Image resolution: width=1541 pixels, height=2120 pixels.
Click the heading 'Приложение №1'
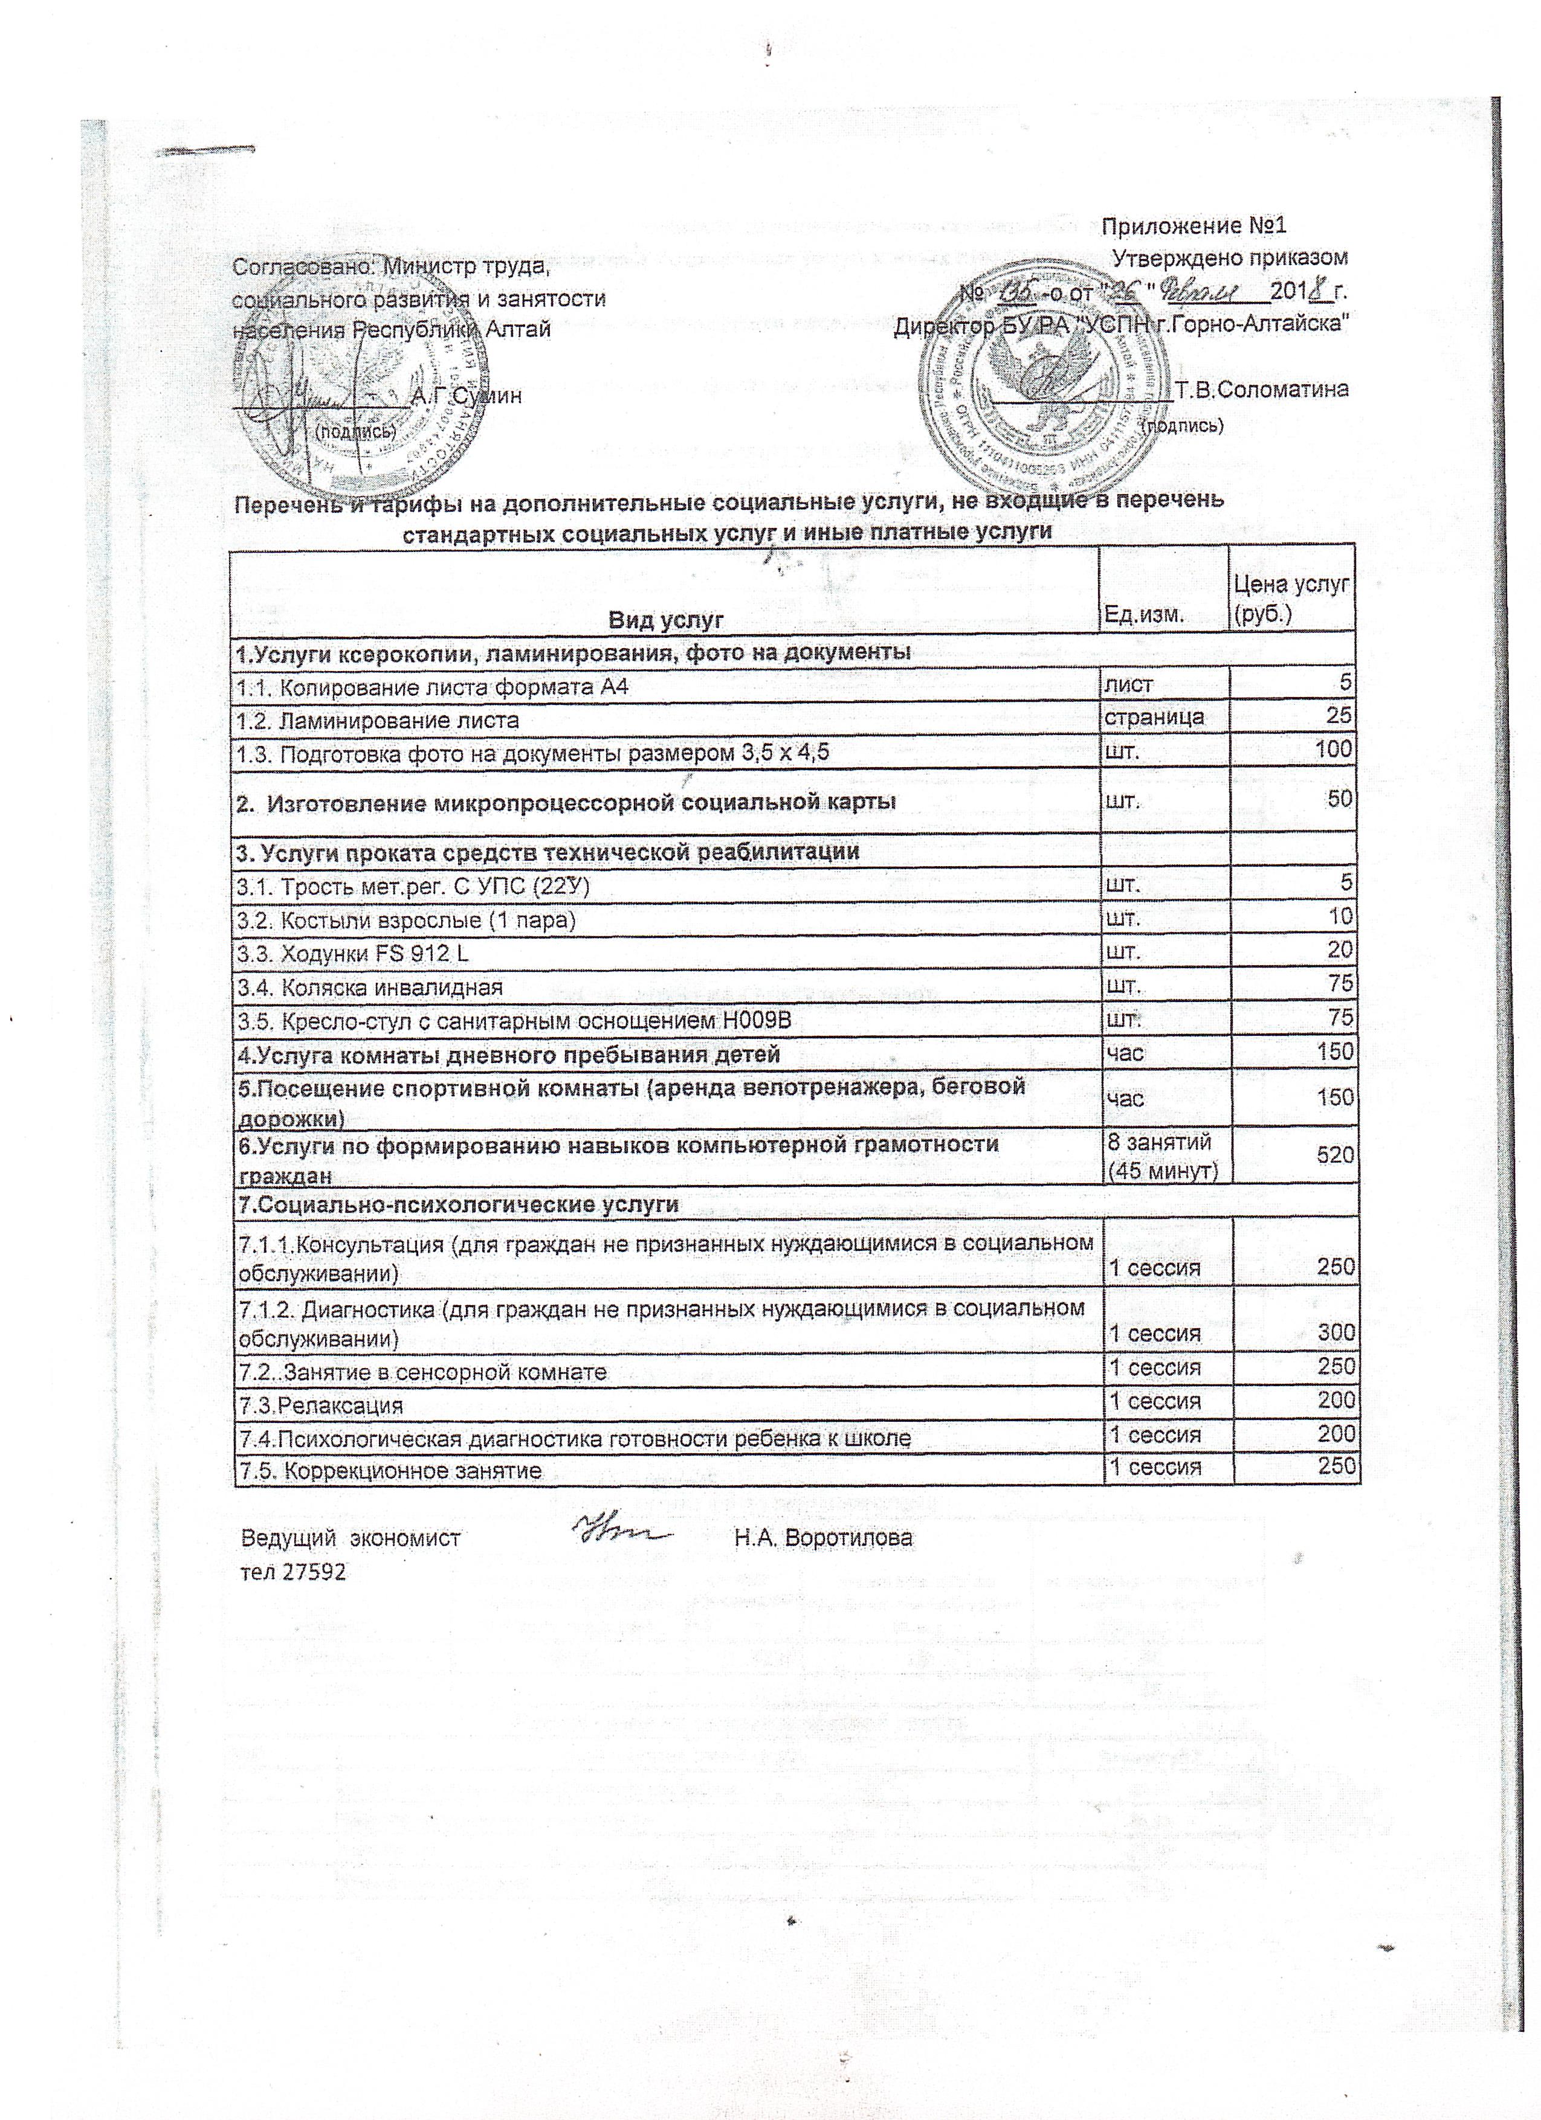(x=1194, y=226)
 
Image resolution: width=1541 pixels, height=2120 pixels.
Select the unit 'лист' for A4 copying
(x=1129, y=685)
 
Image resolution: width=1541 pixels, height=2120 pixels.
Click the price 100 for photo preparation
(x=1331, y=749)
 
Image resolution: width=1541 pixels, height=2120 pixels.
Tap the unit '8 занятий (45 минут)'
(x=1161, y=1156)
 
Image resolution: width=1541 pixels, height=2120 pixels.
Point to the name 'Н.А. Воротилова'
(x=823, y=1538)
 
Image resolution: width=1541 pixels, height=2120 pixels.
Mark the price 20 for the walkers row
(x=1340, y=949)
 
